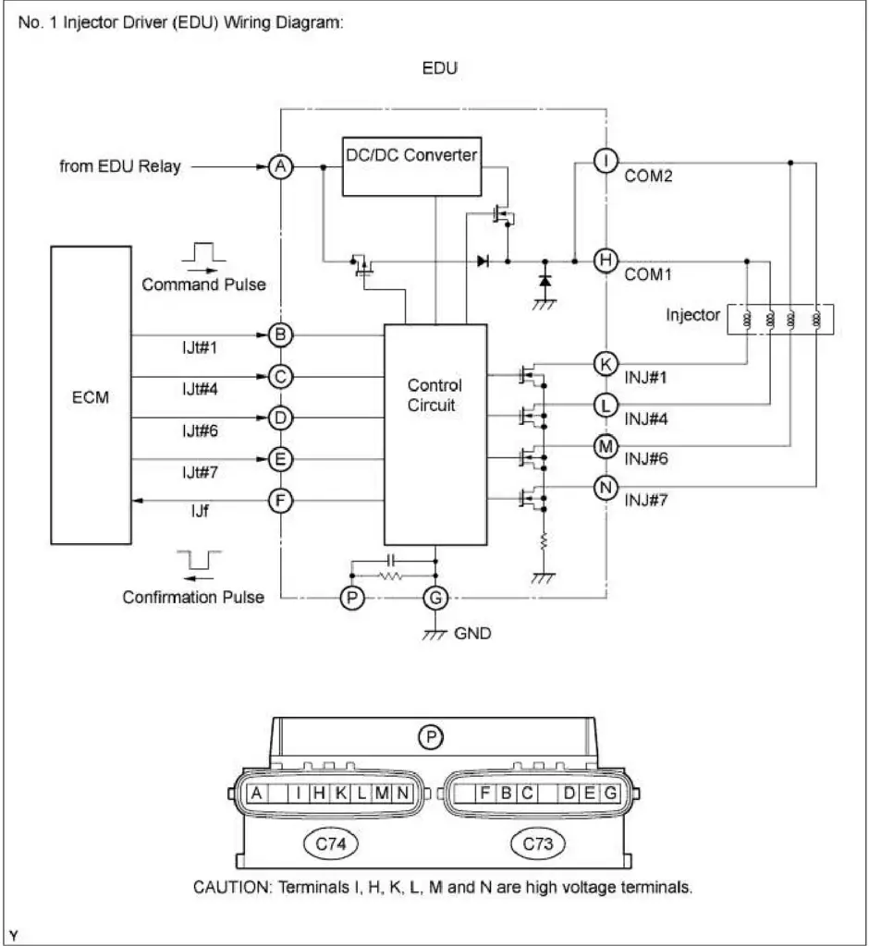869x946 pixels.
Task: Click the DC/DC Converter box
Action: tap(411, 167)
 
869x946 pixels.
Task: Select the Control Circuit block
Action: tap(434, 434)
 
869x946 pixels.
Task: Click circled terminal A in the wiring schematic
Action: tap(280, 167)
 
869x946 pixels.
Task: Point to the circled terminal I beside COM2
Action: tap(605, 161)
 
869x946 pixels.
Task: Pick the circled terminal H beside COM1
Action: tap(605, 261)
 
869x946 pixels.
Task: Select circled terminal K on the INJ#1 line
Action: tap(605, 364)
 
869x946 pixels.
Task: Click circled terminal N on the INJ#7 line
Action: tap(605, 487)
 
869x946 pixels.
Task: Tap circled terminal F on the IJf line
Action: tap(280, 501)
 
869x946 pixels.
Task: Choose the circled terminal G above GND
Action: tap(434, 599)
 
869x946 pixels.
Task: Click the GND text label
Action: tap(475, 634)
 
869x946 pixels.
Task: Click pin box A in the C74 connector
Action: tap(254, 793)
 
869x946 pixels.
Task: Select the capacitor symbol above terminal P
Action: tap(392, 560)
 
